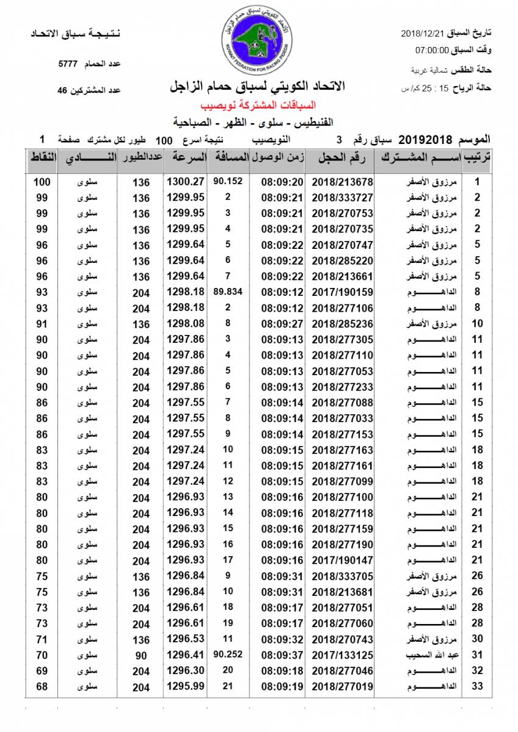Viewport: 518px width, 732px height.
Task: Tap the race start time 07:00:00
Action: tap(432, 51)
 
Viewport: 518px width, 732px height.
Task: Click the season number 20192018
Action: tap(421, 139)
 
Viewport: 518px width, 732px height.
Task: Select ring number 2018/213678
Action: tap(342, 182)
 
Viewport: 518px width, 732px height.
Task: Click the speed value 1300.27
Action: tap(185, 182)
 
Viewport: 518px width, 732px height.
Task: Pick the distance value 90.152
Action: tap(228, 181)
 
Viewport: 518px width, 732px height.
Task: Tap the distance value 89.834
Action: tap(228, 292)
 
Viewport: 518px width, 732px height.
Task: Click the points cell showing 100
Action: tap(42, 182)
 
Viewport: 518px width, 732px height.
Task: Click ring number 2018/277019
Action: tap(342, 687)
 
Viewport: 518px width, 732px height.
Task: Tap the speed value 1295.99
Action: tap(185, 687)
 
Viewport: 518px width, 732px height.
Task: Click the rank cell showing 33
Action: tap(478, 687)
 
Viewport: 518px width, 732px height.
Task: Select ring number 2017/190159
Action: tap(342, 293)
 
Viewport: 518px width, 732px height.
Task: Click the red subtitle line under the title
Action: tap(258, 104)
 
